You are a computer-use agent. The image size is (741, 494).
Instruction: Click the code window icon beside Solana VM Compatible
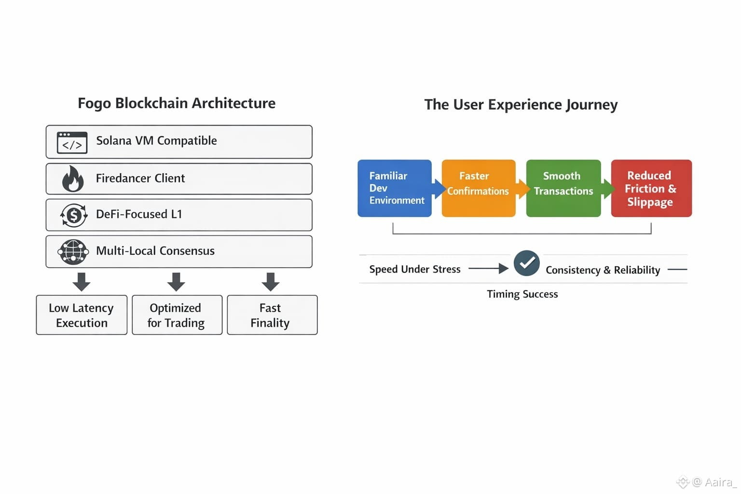(x=72, y=143)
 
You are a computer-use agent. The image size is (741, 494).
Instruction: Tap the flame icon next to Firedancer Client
(x=73, y=178)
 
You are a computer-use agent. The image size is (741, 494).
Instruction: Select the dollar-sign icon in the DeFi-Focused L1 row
(x=74, y=215)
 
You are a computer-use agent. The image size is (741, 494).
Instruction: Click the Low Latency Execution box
(x=82, y=315)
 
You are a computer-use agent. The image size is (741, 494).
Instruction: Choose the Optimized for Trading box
(x=178, y=315)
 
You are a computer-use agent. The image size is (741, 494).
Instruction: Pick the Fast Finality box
(x=272, y=315)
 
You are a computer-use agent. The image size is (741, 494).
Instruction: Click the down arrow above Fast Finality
(x=271, y=282)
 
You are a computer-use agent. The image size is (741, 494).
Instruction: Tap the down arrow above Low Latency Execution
(x=82, y=282)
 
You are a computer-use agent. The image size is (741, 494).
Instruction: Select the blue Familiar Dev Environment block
(x=395, y=188)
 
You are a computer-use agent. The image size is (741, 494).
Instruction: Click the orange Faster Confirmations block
(x=479, y=188)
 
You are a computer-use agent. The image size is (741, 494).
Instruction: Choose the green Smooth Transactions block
(x=563, y=188)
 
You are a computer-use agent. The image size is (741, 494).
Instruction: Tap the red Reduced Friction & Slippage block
(x=651, y=188)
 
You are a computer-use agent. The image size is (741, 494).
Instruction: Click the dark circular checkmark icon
(x=527, y=263)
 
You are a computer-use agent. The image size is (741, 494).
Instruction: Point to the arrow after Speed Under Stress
(x=489, y=268)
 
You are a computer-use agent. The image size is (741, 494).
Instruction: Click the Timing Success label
(x=522, y=294)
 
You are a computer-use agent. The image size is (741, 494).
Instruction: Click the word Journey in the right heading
(x=591, y=105)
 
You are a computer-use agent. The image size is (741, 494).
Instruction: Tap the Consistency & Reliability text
(x=603, y=270)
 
